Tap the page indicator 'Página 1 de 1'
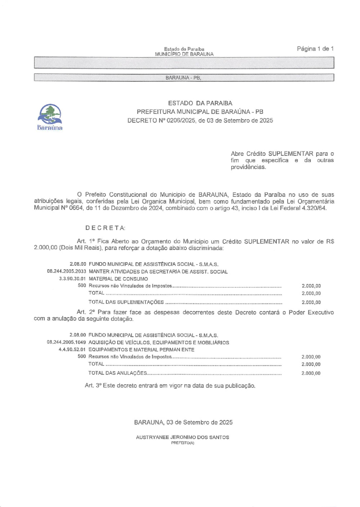(x=315, y=49)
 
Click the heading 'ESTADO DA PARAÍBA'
(x=200, y=103)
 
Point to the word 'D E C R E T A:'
(x=105, y=228)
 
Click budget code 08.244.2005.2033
(x=67, y=272)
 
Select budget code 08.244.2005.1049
(x=66, y=343)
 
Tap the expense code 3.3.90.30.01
(x=72, y=279)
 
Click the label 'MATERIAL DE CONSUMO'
(x=118, y=279)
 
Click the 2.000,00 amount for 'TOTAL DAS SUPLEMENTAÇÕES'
(x=311, y=303)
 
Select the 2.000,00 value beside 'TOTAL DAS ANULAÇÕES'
(x=311, y=374)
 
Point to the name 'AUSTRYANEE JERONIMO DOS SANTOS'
(x=183, y=438)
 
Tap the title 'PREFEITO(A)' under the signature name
(x=183, y=443)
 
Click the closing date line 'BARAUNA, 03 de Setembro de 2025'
(x=183, y=422)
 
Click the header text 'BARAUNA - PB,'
(x=183, y=78)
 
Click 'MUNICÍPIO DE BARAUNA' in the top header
(x=184, y=54)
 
